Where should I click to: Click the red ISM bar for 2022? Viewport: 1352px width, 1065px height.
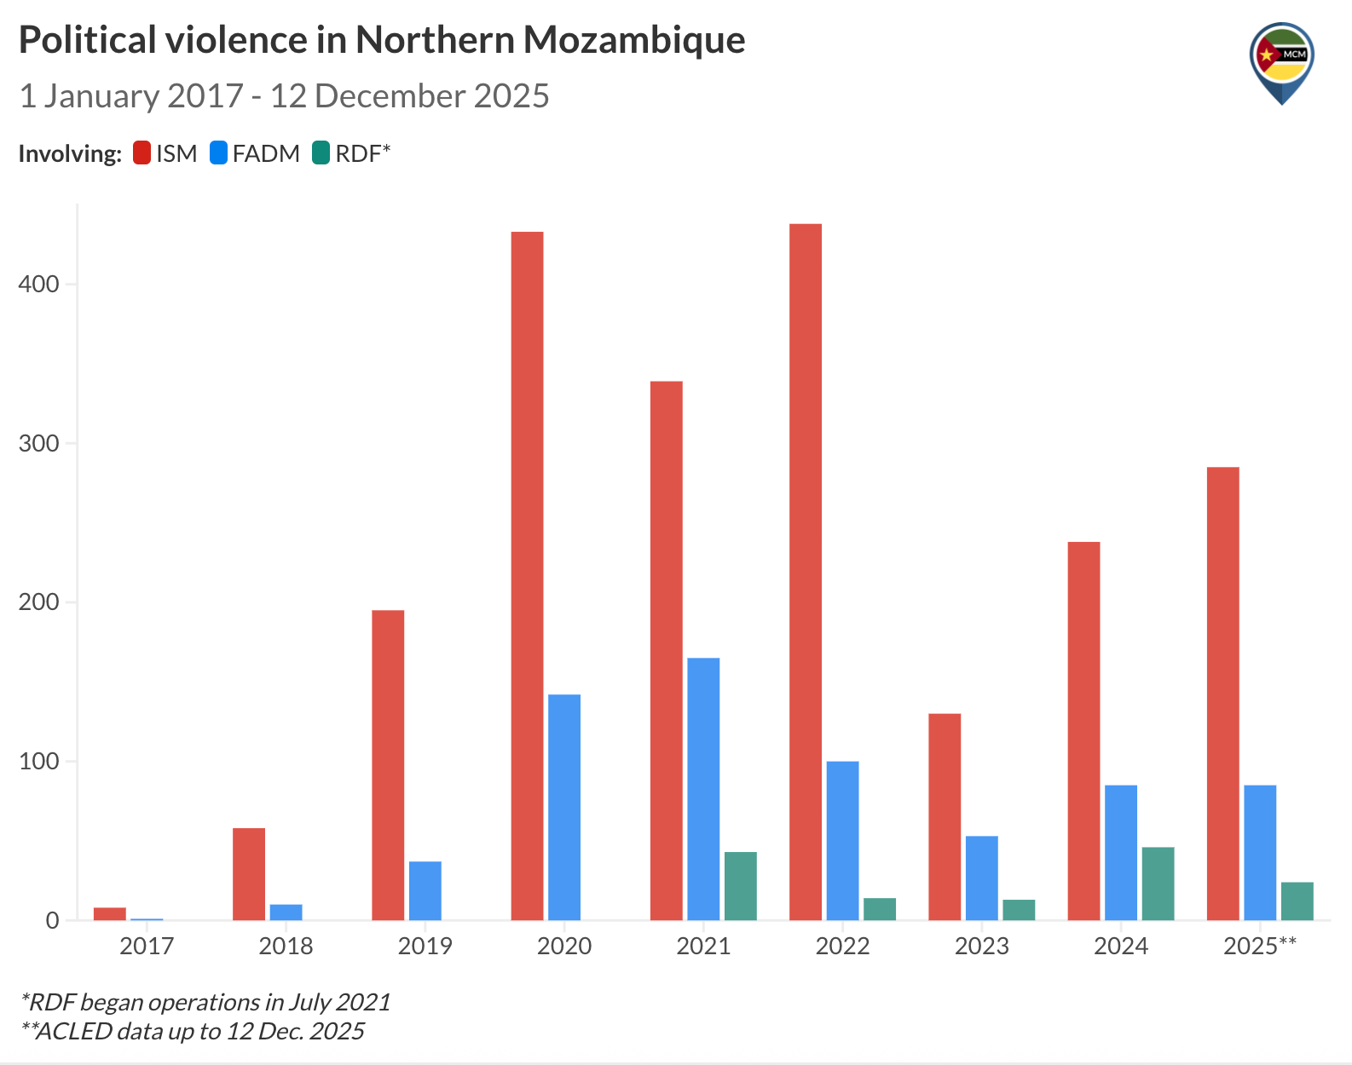(806, 571)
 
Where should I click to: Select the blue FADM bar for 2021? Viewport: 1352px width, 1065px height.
(703, 788)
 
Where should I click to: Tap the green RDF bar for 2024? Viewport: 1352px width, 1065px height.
(1158, 884)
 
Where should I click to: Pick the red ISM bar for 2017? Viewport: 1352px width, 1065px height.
(110, 913)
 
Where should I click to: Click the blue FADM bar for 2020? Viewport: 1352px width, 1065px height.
(564, 807)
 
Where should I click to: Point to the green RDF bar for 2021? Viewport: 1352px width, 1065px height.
(741, 886)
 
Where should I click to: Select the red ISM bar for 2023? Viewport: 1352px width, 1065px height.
(945, 816)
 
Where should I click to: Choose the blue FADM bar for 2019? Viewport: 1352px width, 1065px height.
(425, 890)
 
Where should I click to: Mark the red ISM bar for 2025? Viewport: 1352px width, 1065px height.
(1223, 693)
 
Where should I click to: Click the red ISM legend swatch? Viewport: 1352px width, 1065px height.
(142, 153)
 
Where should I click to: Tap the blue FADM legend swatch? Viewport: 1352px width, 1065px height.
(219, 153)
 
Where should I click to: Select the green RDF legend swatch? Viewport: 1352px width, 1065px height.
(321, 153)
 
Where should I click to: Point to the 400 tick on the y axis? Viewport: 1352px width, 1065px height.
(39, 284)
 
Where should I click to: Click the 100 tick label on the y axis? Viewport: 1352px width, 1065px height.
(39, 761)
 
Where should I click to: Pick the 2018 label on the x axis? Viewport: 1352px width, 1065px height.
(286, 946)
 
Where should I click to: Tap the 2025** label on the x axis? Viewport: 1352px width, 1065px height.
(1260, 946)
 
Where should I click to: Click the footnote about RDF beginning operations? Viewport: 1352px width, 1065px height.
(205, 1002)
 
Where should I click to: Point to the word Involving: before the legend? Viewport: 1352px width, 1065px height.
(70, 154)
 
